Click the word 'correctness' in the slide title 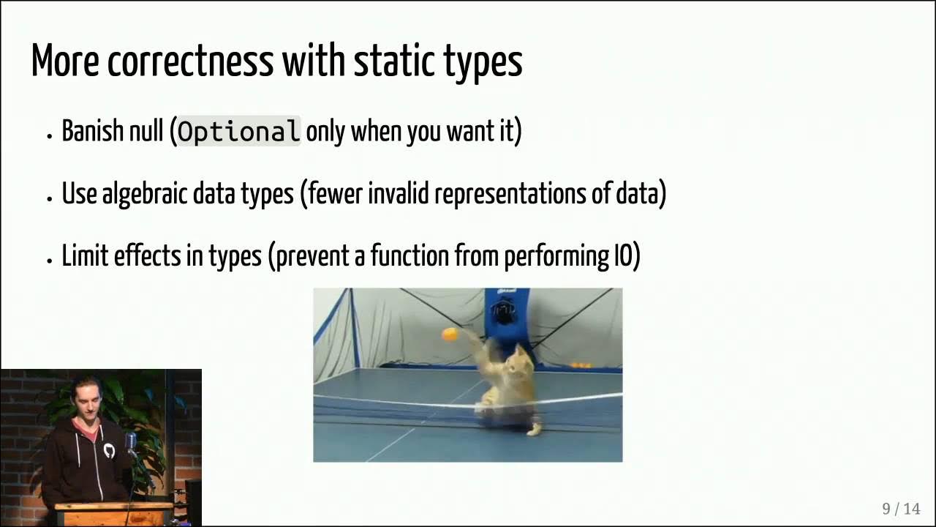tap(190, 61)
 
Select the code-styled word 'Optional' tap(238, 132)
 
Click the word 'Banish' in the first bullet tap(91, 132)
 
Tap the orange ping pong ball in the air tap(449, 334)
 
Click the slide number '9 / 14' tap(901, 509)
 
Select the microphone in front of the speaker tap(131, 441)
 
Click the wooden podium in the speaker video tap(113, 513)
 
